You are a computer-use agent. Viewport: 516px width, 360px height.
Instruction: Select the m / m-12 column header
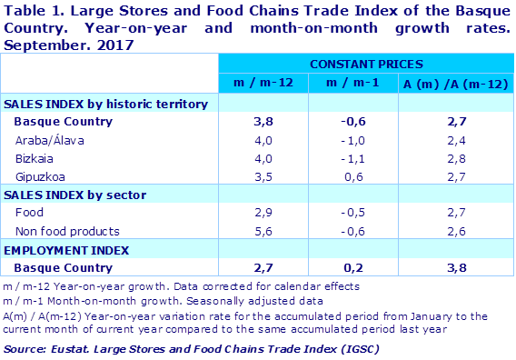pyautogui.click(x=263, y=85)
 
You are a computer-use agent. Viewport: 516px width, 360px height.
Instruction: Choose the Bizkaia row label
pyautogui.click(x=36, y=158)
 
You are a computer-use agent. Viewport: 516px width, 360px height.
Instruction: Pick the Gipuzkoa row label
pyautogui.click(x=41, y=176)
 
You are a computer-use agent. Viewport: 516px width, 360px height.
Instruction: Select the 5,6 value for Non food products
pyautogui.click(x=263, y=231)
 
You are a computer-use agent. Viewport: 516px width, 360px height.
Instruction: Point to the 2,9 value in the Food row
pyautogui.click(x=263, y=213)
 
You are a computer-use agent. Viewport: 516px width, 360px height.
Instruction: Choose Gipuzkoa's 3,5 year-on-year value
pyautogui.click(x=263, y=176)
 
